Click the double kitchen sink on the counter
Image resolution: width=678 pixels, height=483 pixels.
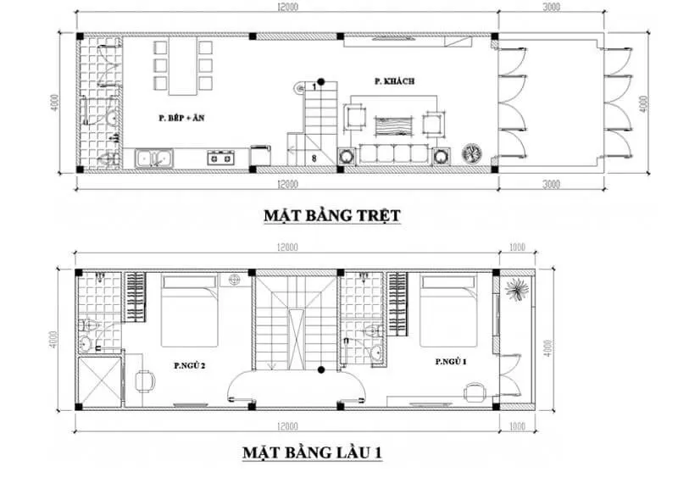click(x=154, y=158)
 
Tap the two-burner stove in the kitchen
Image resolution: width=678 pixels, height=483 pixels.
click(x=221, y=158)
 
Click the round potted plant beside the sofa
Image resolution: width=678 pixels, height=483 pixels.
click(x=471, y=154)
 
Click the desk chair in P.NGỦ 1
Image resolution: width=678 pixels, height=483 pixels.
click(x=471, y=390)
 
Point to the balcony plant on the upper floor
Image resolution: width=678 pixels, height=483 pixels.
click(x=514, y=289)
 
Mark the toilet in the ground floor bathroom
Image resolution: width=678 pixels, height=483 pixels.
click(x=107, y=158)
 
